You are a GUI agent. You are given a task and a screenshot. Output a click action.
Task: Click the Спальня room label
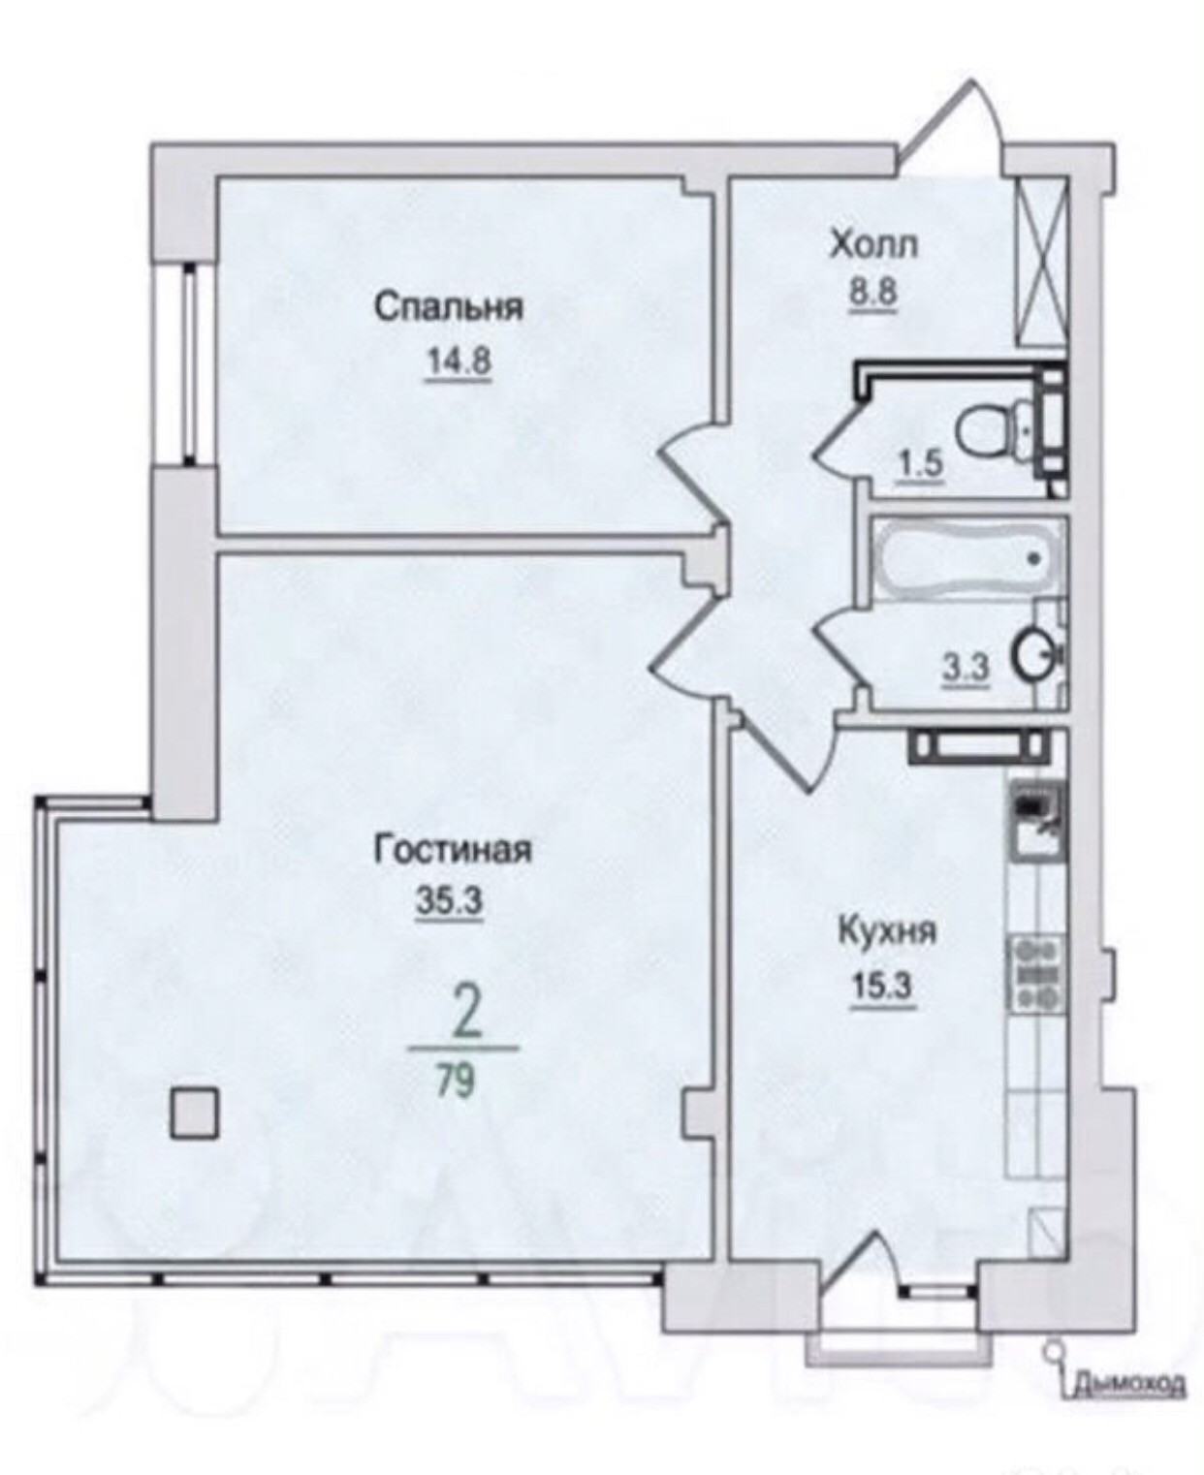[x=449, y=307]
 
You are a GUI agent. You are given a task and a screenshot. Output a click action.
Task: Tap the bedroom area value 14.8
[x=458, y=362]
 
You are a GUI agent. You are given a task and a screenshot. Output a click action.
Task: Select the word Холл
[x=873, y=247]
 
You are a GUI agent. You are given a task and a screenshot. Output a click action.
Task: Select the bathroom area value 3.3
[x=967, y=670]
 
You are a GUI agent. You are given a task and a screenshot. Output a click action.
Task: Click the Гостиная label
[x=454, y=851]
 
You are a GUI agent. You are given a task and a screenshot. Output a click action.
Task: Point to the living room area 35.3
[x=450, y=903]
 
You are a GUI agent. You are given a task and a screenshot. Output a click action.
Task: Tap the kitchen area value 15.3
[x=883, y=988]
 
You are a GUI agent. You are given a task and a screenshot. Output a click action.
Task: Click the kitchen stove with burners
[x=1035, y=974]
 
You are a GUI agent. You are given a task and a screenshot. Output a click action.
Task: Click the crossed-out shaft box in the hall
[x=1042, y=260]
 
